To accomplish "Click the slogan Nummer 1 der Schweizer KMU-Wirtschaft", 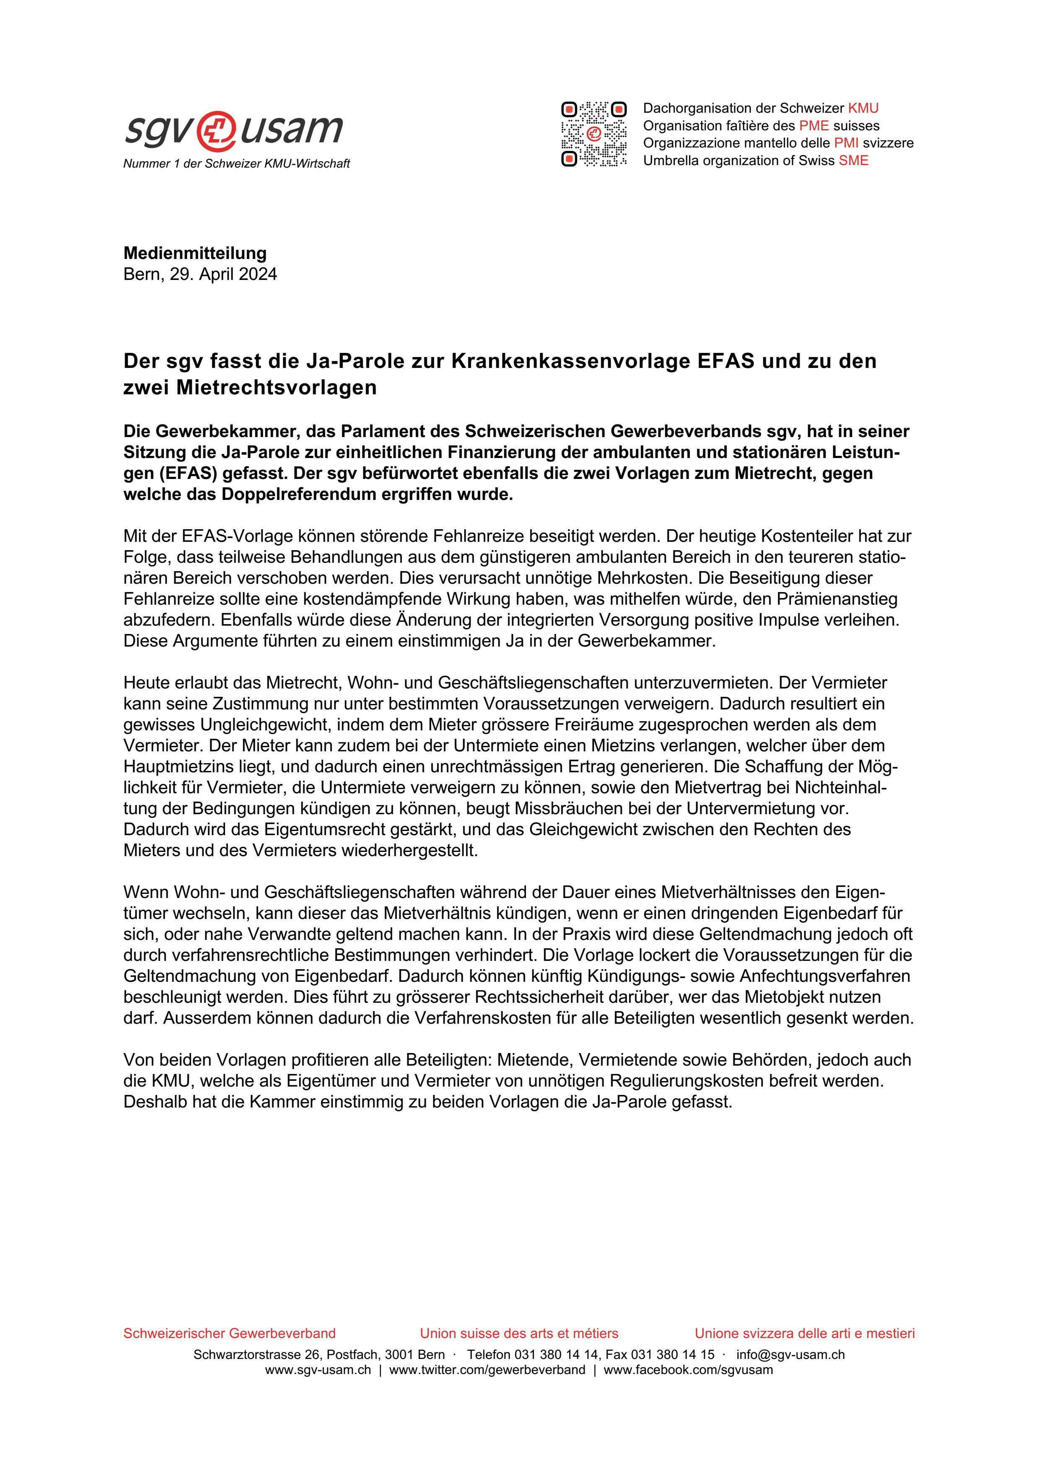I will [236, 164].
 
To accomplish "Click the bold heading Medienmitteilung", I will [194, 253].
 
